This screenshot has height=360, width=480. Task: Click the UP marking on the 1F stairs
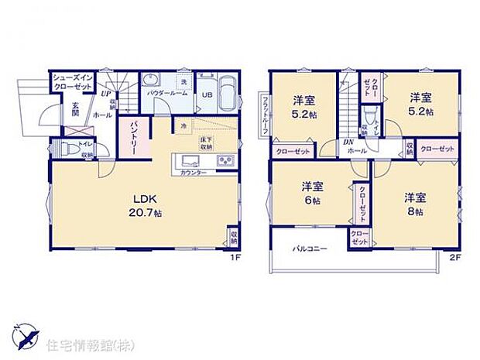click(x=105, y=93)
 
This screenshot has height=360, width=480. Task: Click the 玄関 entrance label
click(x=77, y=110)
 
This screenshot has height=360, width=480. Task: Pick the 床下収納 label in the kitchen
click(x=206, y=142)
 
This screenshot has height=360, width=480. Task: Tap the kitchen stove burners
click(x=226, y=161)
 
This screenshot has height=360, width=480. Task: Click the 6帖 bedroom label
click(x=313, y=193)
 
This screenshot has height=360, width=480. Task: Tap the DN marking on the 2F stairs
click(x=350, y=142)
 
